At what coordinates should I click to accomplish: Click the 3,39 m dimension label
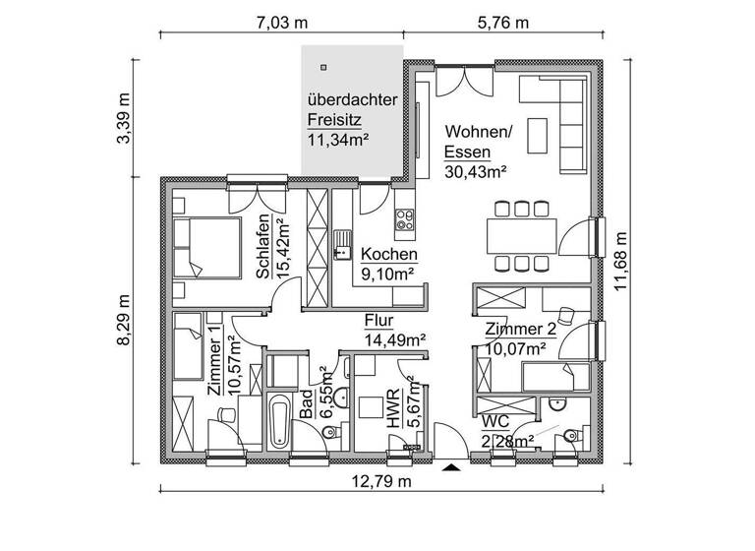pyautogui.click(x=123, y=119)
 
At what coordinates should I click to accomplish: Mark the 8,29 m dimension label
pyautogui.click(x=123, y=321)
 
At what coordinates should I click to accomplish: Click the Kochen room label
pyautogui.click(x=388, y=254)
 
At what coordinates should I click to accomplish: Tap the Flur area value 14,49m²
pyautogui.click(x=394, y=339)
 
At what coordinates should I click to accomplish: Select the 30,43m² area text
pyautogui.click(x=475, y=171)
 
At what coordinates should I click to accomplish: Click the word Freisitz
pyautogui.click(x=334, y=119)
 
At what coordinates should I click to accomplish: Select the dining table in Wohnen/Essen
pyautogui.click(x=521, y=235)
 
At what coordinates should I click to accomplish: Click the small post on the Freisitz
pyautogui.click(x=322, y=67)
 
